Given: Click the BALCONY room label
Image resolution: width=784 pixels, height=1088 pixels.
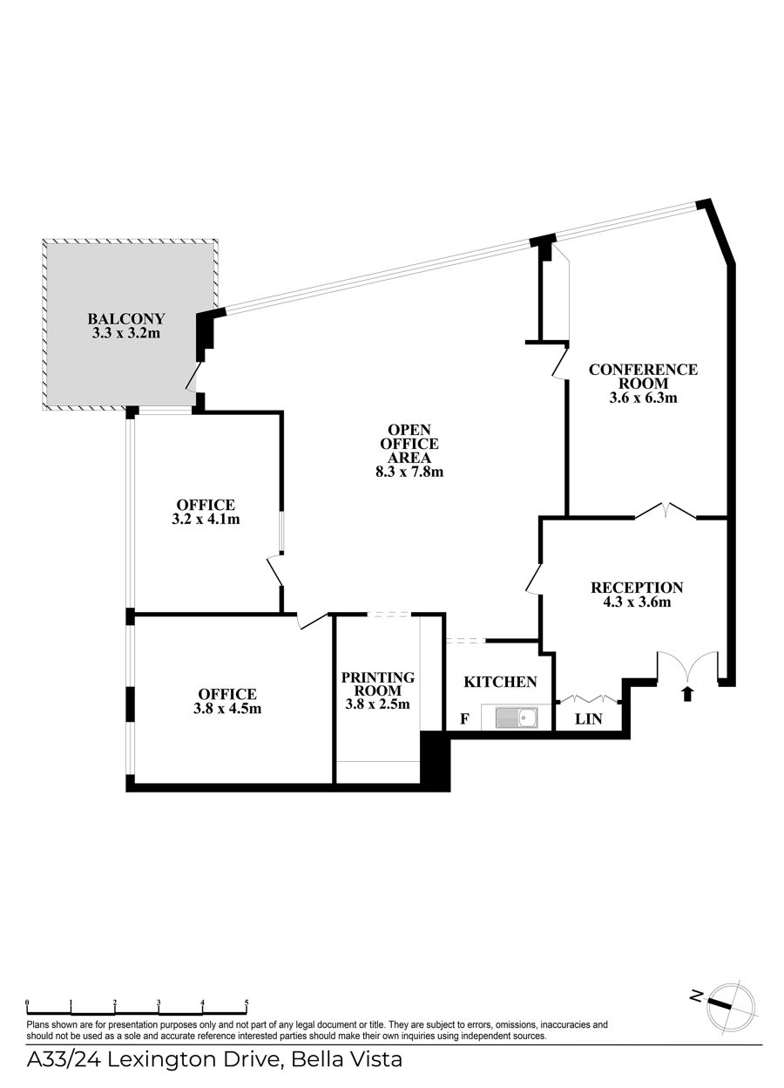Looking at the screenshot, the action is (x=126, y=318).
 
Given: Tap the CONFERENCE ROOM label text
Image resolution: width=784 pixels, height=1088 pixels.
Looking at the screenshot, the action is (x=643, y=376).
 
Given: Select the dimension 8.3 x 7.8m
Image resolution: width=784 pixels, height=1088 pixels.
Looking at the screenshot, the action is (x=409, y=471).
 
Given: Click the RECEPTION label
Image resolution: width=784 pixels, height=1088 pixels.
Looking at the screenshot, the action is (x=637, y=588).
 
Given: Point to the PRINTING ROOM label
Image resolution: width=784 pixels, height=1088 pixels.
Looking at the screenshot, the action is (x=378, y=683).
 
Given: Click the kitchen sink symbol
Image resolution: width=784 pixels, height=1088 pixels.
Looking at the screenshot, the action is (x=516, y=717).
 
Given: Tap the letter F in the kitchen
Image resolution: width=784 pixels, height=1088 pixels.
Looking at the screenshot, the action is (x=464, y=719).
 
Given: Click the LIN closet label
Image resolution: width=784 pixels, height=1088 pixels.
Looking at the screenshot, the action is (x=588, y=719).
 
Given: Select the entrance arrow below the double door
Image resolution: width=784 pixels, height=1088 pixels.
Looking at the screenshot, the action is (x=687, y=694).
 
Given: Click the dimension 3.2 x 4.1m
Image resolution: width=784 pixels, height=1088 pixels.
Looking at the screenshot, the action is (x=206, y=519).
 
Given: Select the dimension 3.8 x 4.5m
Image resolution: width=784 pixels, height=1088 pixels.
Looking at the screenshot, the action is (x=227, y=708).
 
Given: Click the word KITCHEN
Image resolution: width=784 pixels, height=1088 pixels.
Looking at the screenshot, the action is (x=500, y=682).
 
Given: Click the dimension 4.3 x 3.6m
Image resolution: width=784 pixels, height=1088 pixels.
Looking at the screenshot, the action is (x=637, y=602).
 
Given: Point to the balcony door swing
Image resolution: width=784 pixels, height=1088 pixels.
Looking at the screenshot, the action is (x=193, y=377).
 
